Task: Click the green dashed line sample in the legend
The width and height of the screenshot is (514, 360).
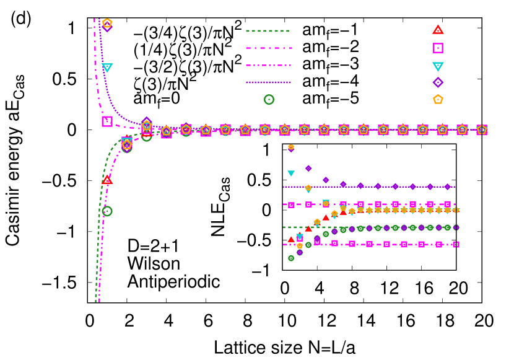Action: click(268, 31)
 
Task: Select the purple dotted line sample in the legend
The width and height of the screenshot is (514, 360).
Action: click(268, 82)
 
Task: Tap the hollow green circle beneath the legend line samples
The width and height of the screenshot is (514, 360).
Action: click(269, 99)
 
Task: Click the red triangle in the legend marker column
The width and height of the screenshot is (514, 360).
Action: click(438, 30)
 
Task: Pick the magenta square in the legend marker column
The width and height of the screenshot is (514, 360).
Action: click(438, 48)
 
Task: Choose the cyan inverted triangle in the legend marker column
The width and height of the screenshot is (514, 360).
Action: click(438, 66)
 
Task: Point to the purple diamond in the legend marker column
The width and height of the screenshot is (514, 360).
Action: click(438, 82)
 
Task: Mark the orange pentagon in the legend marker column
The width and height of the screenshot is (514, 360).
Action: click(438, 99)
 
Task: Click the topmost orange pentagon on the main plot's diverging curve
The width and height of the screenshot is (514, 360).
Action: click(107, 23)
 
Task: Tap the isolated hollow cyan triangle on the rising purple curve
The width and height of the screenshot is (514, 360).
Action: click(107, 68)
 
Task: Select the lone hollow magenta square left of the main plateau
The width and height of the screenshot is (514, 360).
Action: click(107, 121)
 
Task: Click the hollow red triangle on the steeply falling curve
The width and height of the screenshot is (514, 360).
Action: click(107, 180)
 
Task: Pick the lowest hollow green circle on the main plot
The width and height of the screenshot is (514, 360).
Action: click(107, 211)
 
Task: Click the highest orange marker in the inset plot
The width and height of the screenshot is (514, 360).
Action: click(291, 147)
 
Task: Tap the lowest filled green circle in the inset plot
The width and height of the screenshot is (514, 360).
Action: click(291, 258)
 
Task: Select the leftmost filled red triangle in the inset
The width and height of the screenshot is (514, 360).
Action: click(291, 239)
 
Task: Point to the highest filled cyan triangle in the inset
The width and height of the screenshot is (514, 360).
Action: click(291, 173)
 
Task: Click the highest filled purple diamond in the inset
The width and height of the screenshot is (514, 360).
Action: click(308, 168)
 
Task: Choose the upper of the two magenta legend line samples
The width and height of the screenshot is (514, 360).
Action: click(269, 48)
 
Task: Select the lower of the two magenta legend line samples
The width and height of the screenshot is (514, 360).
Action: click(268, 65)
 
